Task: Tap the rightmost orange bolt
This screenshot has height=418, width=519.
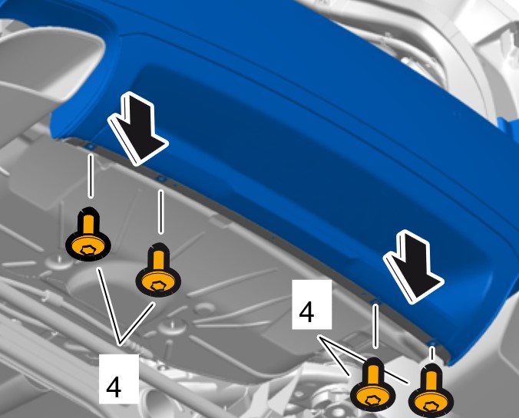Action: click(431, 391)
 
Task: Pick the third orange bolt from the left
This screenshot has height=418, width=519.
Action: click(372, 384)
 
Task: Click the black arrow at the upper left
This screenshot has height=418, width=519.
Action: click(138, 128)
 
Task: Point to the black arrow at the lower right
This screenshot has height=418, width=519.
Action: click(413, 267)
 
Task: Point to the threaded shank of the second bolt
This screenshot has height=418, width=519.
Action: click(158, 260)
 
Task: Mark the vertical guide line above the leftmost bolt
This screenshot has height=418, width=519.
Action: click(91, 176)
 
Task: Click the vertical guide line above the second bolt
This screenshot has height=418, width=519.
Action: click(160, 212)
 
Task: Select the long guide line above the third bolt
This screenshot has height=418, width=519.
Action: click(375, 327)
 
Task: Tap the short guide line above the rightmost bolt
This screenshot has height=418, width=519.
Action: click(431, 353)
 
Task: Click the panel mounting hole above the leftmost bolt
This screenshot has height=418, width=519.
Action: click(91, 146)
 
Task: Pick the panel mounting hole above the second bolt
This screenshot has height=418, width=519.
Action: click(161, 179)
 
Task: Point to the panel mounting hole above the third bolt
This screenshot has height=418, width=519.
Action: click(375, 301)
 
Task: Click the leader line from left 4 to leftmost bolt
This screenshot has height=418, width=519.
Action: click(108, 306)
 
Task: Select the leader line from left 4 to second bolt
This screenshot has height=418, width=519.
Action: click(137, 324)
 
